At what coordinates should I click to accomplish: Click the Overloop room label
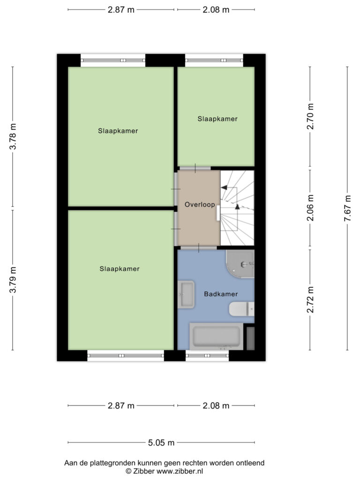click(x=200, y=204)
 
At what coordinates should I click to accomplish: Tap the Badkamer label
click(x=221, y=294)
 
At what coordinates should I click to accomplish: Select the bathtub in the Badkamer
click(x=216, y=336)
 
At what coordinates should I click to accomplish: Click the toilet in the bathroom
click(x=241, y=309)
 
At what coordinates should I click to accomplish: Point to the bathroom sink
click(x=186, y=294)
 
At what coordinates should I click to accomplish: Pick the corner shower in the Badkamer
click(x=240, y=264)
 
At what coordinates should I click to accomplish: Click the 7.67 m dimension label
click(x=347, y=208)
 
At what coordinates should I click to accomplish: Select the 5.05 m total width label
click(x=161, y=442)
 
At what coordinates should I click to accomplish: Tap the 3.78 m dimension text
click(x=13, y=136)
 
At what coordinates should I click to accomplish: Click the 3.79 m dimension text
click(x=13, y=280)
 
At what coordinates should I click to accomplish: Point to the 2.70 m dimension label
click(x=310, y=116)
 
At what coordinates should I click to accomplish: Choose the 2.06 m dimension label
click(x=310, y=208)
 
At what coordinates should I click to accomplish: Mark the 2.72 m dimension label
click(x=310, y=300)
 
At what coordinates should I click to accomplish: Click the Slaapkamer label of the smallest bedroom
click(x=217, y=119)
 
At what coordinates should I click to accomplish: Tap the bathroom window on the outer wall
click(x=207, y=356)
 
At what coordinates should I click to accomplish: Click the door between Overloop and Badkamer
click(x=199, y=247)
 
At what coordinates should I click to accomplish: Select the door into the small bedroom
click(x=195, y=168)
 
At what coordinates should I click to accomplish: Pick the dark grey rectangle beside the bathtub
click(x=250, y=338)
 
